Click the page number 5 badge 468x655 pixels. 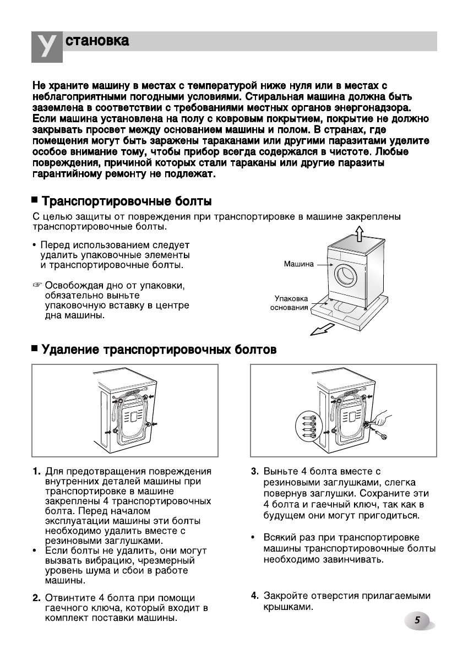pyautogui.click(x=418, y=620)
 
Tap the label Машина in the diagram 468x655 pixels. pyautogui.click(x=298, y=264)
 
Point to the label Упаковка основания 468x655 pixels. pyautogui.click(x=290, y=303)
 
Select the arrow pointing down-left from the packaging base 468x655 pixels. pyautogui.click(x=322, y=329)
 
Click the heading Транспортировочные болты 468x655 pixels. pyautogui.click(x=127, y=201)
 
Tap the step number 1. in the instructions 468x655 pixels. pyautogui.click(x=36, y=472)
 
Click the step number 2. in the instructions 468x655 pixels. pyautogui.click(x=36, y=598)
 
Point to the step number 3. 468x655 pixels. pyautogui.click(x=255, y=472)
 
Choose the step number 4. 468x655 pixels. pyautogui.click(x=255, y=596)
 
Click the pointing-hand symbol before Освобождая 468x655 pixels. pyautogui.click(x=37, y=286)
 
